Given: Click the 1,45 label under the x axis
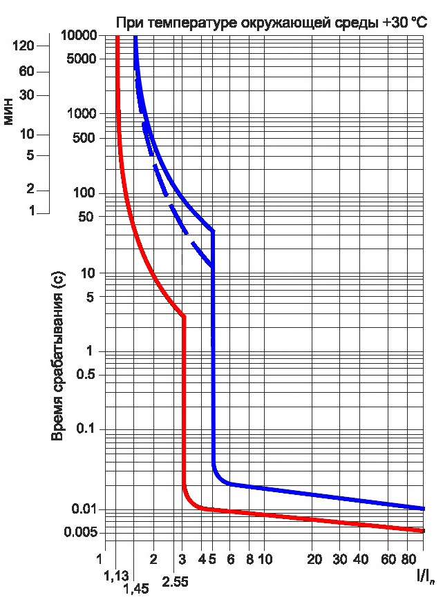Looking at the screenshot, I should pyautogui.click(x=136, y=589).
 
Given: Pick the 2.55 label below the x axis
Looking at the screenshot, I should pyautogui.click(x=176, y=582).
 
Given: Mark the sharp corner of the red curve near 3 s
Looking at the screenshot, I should pyautogui.click(x=184, y=316).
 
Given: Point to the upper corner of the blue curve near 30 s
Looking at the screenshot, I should pyautogui.click(x=213, y=231).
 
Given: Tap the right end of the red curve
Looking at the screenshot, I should pyautogui.click(x=422, y=531).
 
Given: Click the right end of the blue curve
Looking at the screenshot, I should pyautogui.click(x=422, y=508).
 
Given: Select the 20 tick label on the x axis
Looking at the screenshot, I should pyautogui.click(x=314, y=558).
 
